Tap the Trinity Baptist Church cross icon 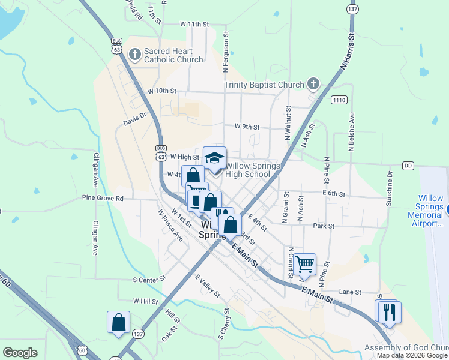(313, 84)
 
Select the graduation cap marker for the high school (214, 158)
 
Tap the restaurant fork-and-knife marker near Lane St (388, 311)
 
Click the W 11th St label (193, 25)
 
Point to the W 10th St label (162, 91)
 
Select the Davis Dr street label (134, 120)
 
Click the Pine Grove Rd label (103, 198)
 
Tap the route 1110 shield (339, 100)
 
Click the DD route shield (409, 165)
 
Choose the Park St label (323, 226)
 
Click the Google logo (20, 352)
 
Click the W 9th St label (247, 127)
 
